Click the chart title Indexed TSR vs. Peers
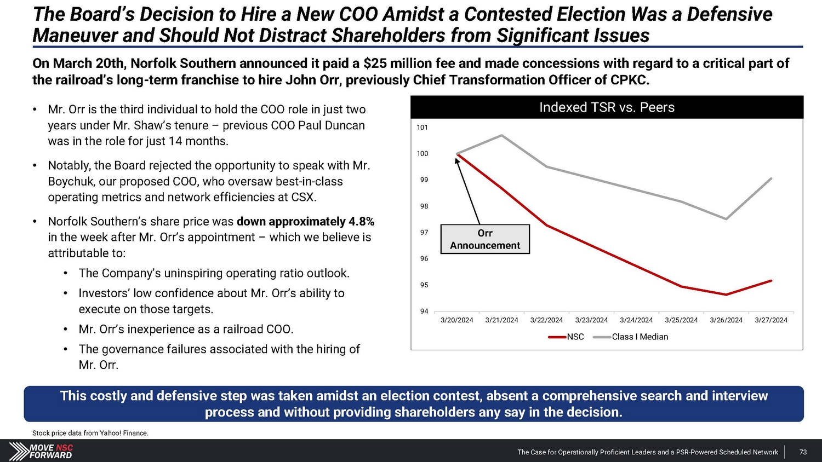pos(607,107)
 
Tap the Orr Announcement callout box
pos(485,239)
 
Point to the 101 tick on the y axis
pos(422,128)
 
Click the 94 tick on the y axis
pos(424,311)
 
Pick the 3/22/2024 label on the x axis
pos(546,320)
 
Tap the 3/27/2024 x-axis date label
pos(770,320)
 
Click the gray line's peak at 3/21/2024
pos(502,135)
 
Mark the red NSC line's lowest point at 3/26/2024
pos(726,294)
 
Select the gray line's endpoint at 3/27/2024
pos(771,178)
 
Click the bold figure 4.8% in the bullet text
pos(361,222)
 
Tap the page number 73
pos(803,452)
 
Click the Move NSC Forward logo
pos(41,451)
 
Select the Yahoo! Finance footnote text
pos(90,433)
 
